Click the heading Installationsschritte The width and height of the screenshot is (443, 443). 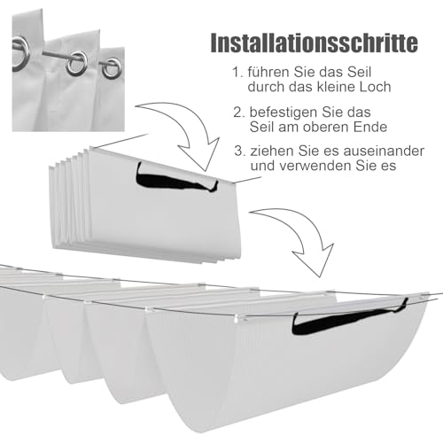tap(315, 43)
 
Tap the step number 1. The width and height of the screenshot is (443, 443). tap(237, 73)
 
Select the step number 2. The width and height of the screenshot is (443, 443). tap(238, 113)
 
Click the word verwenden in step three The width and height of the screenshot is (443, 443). tap(314, 166)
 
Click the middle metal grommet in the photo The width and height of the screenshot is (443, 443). tap(76, 63)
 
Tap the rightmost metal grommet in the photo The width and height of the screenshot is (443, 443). tap(112, 68)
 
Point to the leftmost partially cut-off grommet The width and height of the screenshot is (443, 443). tap(20, 54)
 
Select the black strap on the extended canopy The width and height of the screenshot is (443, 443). tap(346, 319)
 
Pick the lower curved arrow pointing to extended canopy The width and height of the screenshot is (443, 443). tap(307, 233)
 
